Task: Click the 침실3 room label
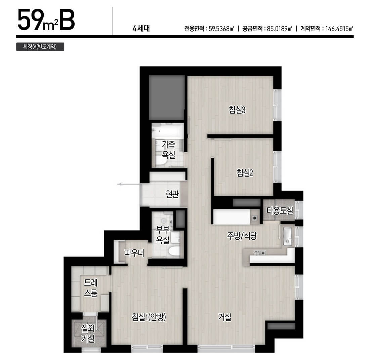click(237, 110)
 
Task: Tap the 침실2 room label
click(245, 172)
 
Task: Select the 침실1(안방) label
click(149, 317)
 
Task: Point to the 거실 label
click(224, 317)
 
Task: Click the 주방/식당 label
click(242, 236)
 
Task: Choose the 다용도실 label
click(280, 210)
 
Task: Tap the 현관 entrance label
click(172, 194)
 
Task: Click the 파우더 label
click(134, 253)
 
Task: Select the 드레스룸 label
click(91, 288)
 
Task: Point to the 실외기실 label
click(88, 333)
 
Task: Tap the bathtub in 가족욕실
click(167, 130)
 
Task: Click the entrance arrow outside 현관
click(129, 184)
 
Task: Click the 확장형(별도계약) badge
click(40, 46)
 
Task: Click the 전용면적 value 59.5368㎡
click(221, 29)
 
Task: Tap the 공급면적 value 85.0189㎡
click(280, 29)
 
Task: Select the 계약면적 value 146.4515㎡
click(339, 29)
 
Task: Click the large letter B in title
click(67, 20)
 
